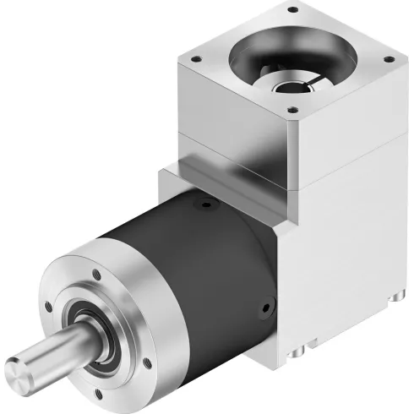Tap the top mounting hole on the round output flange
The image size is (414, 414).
coord(95,273)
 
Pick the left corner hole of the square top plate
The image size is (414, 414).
coord(194,59)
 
